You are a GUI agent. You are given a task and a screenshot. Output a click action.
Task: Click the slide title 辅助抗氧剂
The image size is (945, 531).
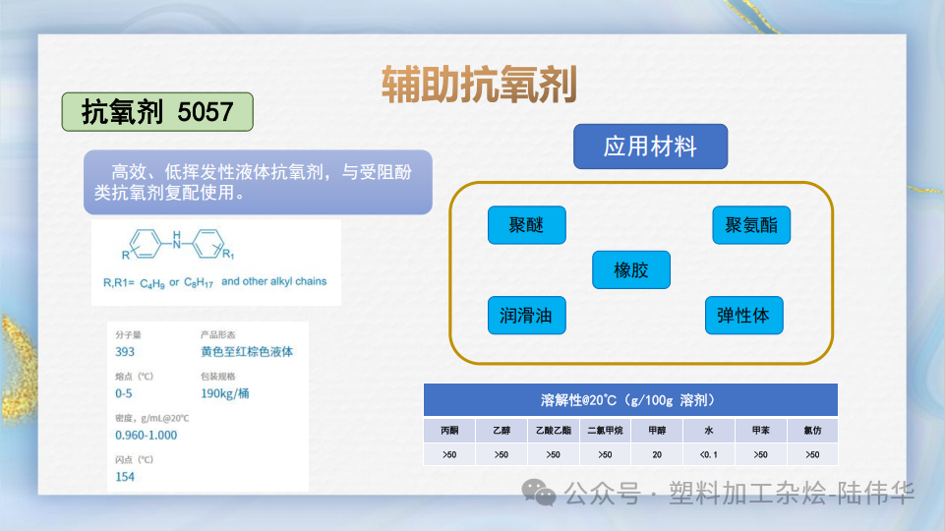click(478, 86)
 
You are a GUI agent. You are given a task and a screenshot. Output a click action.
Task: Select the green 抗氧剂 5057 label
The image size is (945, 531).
click(157, 112)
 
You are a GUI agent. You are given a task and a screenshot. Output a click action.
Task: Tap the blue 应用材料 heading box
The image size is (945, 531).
click(650, 147)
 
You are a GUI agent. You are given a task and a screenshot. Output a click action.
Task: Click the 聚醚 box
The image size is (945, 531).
click(527, 225)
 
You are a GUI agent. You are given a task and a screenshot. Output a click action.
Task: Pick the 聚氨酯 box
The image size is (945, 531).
click(751, 225)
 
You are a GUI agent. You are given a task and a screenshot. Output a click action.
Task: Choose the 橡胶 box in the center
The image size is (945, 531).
click(631, 269)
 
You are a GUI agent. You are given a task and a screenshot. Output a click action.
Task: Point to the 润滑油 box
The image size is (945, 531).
click(526, 316)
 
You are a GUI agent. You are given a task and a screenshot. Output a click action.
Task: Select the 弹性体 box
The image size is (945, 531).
click(743, 316)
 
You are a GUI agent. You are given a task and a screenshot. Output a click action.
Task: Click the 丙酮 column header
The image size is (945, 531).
click(449, 430)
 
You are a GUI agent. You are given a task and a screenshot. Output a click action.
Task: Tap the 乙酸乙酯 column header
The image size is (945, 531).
click(554, 430)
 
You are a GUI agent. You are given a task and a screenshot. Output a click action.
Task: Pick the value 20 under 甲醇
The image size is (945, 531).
click(657, 454)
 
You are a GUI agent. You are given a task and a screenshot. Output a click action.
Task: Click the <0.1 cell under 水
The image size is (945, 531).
click(708, 454)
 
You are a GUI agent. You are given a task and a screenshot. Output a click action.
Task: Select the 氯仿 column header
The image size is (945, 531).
click(811, 430)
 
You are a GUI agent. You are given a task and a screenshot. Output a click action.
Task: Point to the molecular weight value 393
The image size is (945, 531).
click(125, 351)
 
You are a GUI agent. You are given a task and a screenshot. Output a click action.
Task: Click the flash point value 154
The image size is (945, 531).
click(125, 477)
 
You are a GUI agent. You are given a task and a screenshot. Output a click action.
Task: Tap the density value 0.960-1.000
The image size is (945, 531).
click(147, 435)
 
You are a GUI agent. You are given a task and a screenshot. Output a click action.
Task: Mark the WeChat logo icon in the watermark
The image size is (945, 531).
click(539, 492)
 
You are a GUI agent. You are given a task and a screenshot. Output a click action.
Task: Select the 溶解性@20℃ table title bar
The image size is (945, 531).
click(630, 400)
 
